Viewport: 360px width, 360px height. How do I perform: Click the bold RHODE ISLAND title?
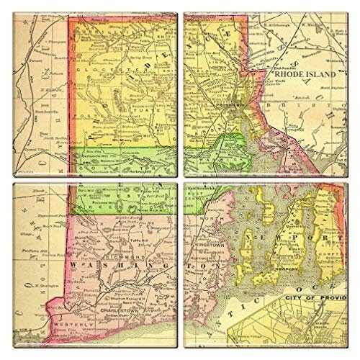pos(302,73)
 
